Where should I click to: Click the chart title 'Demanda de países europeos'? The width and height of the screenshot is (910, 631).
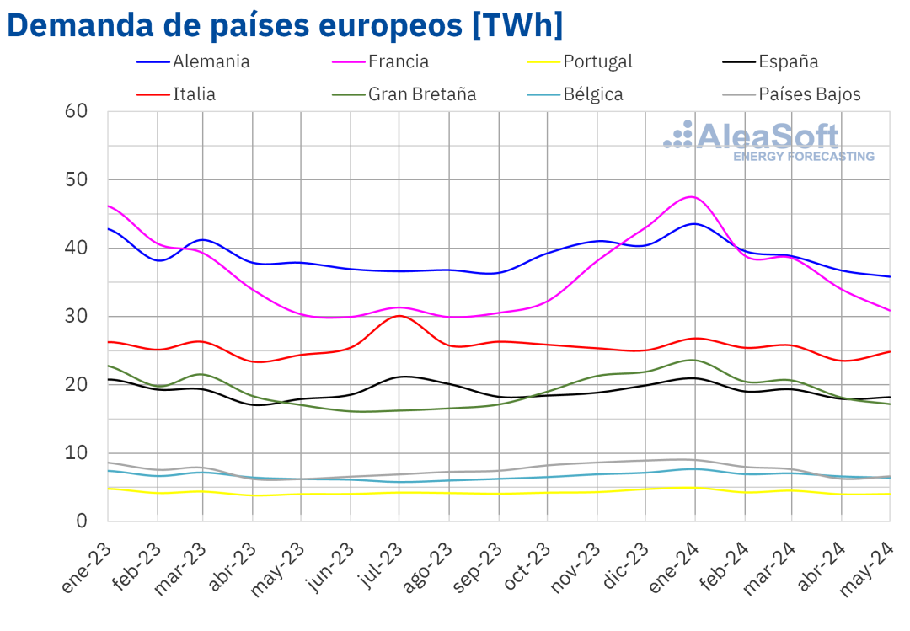point(285,25)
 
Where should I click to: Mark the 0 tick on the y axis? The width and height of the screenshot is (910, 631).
point(82,521)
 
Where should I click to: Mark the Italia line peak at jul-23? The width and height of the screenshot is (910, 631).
point(399,315)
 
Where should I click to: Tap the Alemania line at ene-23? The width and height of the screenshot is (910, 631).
point(109,228)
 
